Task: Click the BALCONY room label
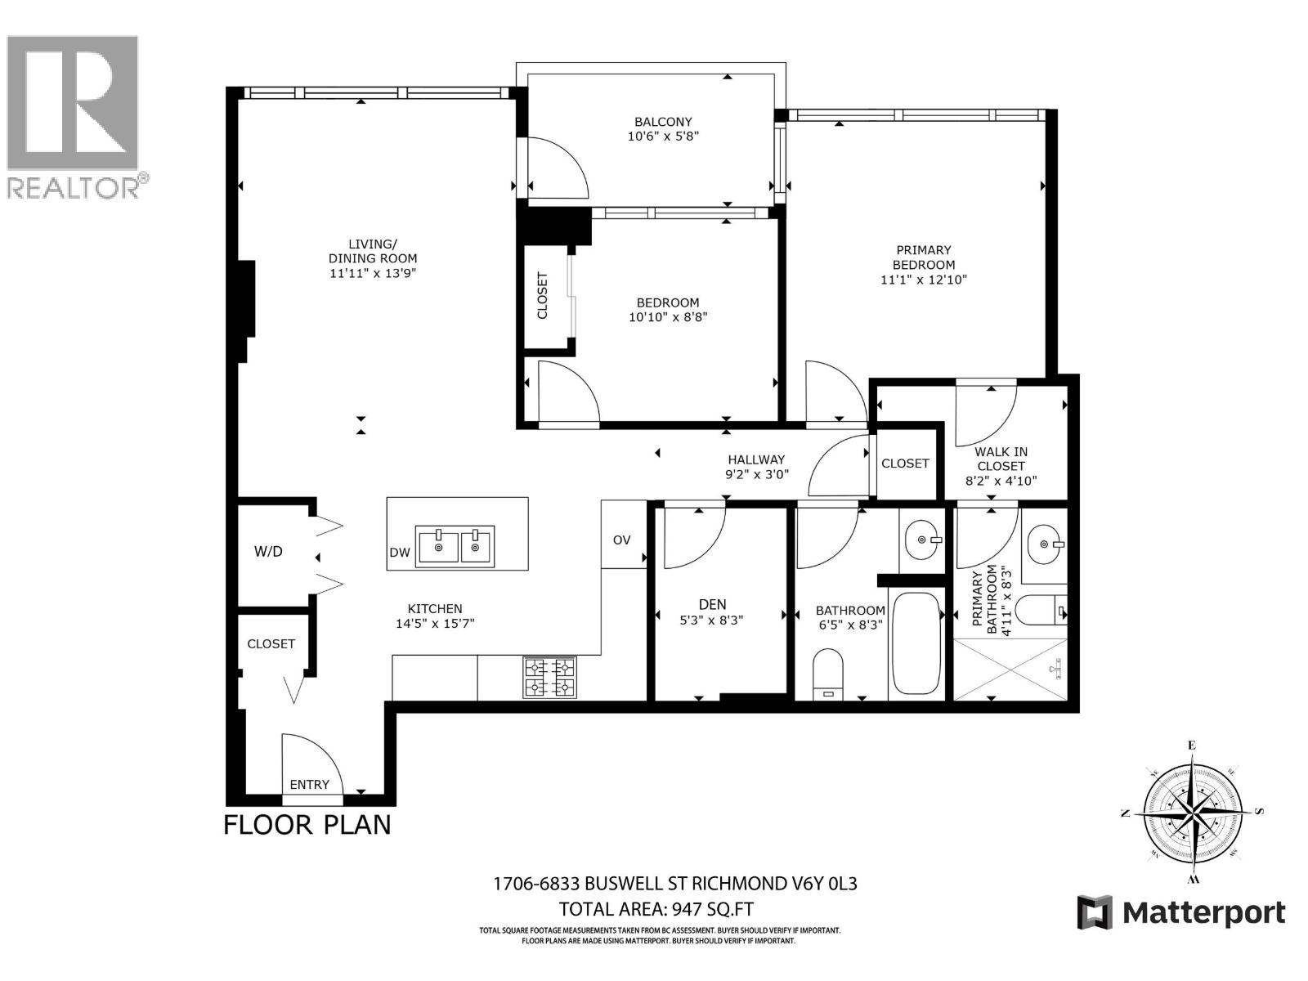pyautogui.click(x=663, y=122)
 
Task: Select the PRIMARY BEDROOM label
pyautogui.click(x=923, y=258)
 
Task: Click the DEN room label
pyautogui.click(x=712, y=604)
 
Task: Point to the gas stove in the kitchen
pyautogui.click(x=549, y=678)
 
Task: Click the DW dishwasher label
pyautogui.click(x=400, y=553)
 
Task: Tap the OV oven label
pyautogui.click(x=622, y=540)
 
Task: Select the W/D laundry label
pyautogui.click(x=268, y=552)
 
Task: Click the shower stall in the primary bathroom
pyautogui.click(x=1010, y=670)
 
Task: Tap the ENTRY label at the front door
pyautogui.click(x=309, y=785)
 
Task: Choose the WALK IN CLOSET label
pyautogui.click(x=1001, y=466)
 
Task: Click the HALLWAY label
pyautogui.click(x=756, y=459)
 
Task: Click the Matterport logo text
pyautogui.click(x=1203, y=912)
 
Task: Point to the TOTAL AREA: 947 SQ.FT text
pyautogui.click(x=656, y=909)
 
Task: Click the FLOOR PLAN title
pyautogui.click(x=307, y=824)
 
